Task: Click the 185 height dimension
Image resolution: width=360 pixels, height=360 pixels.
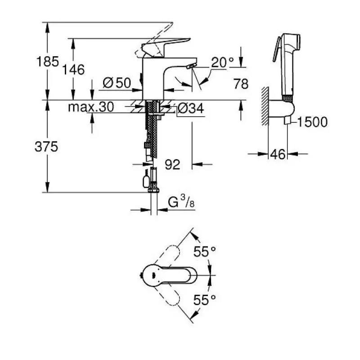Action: point(48,62)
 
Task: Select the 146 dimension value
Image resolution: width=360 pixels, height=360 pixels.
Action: point(73,70)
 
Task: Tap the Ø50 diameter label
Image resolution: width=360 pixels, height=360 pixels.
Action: point(117,83)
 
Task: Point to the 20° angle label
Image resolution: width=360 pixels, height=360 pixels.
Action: point(222,62)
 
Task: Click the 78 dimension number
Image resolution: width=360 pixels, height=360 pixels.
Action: point(241,84)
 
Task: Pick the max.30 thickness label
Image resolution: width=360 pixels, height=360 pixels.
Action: point(91,107)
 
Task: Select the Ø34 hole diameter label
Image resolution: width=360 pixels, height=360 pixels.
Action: point(190,108)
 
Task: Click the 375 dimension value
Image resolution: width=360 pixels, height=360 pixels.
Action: point(46,147)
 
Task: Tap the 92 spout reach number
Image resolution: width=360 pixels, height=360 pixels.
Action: point(172,164)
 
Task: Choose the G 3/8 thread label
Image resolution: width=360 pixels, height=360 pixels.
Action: point(181,202)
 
